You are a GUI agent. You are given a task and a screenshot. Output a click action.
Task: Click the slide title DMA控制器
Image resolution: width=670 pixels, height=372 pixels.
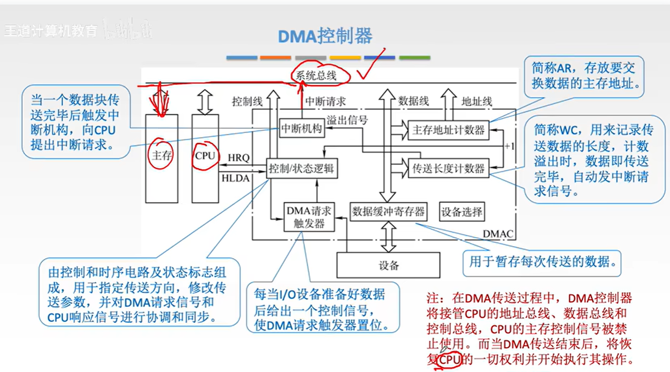pos(325,36)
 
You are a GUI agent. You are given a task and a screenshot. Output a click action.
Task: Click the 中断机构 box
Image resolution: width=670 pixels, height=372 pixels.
pos(302,129)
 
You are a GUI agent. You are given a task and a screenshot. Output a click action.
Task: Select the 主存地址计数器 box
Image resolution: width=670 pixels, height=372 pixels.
pos(448,130)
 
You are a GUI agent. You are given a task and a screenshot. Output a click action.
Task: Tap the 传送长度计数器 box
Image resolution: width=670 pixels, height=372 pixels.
pos(448,168)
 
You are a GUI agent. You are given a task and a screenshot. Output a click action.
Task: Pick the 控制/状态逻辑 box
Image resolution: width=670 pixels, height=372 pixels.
pos(302,168)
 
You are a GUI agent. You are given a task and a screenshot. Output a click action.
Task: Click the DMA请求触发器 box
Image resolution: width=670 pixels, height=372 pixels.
pos(309,217)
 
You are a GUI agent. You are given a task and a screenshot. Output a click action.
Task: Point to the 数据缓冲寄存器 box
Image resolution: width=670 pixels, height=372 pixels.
pos(388,212)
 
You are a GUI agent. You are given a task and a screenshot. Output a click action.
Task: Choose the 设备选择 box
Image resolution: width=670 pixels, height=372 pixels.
pos(461,212)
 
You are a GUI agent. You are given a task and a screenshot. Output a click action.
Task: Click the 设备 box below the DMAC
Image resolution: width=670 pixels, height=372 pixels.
pos(388,265)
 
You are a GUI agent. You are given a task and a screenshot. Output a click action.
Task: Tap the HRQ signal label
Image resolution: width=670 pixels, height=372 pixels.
pos(239,157)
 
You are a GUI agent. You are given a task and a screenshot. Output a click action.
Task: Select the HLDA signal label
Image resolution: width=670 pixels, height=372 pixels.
pos(235,178)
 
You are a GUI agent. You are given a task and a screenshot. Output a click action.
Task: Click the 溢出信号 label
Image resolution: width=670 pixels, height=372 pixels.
pos(347,120)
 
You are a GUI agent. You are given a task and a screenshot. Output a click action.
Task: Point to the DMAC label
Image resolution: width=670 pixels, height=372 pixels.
pos(498,234)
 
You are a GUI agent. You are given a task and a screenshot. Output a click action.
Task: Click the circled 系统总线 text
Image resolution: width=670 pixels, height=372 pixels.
pos(316,75)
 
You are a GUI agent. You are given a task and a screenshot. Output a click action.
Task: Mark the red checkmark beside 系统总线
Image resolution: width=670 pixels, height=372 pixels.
pos(370,66)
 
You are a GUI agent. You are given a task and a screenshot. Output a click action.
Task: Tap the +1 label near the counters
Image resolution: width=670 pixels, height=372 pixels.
pos(509,146)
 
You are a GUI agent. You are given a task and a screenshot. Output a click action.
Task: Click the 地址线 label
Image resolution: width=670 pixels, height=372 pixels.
pos(476,101)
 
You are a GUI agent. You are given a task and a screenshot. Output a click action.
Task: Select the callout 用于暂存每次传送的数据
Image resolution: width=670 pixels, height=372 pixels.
pos(542,262)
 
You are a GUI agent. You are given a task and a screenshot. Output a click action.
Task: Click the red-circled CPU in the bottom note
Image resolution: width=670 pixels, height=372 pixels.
pos(449,360)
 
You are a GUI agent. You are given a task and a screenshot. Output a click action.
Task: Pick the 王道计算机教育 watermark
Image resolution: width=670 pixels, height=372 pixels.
pos(50,31)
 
